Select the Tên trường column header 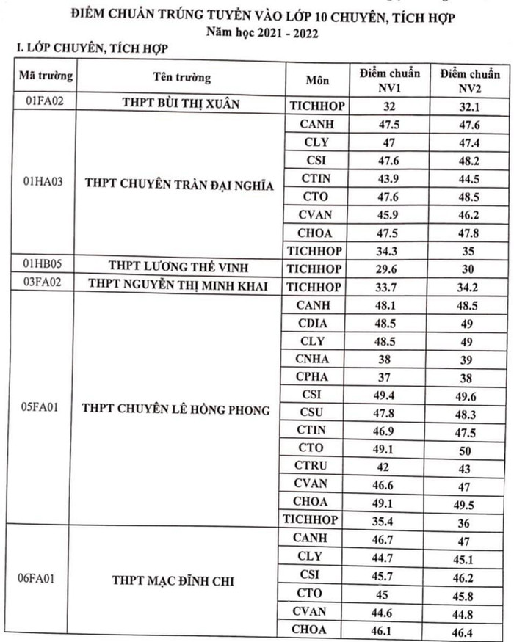(181, 77)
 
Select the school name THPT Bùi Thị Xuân (181, 104)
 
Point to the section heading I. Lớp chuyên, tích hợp (87, 48)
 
